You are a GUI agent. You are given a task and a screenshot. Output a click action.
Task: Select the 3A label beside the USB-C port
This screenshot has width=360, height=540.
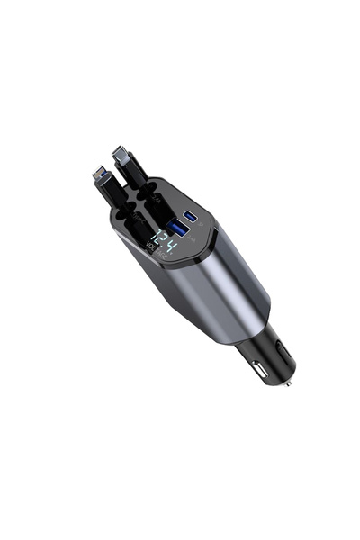[199, 226]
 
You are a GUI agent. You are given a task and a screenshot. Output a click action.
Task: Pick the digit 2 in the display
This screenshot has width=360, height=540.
[161, 241]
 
